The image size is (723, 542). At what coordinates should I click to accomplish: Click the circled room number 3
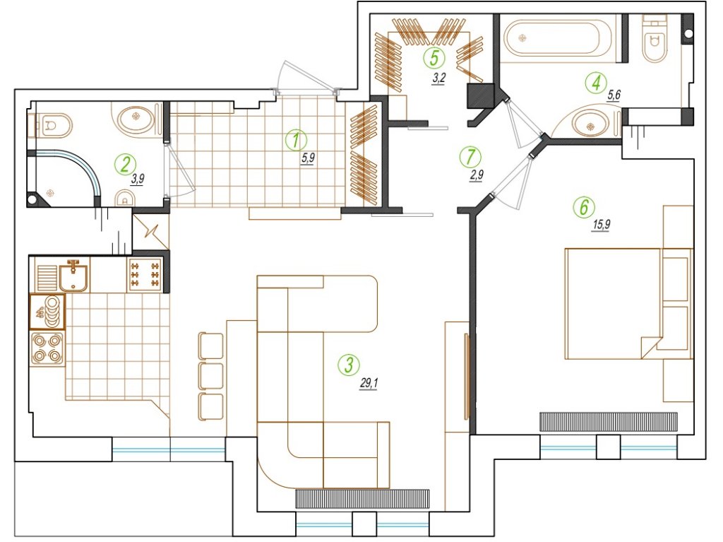pyautogui.click(x=349, y=364)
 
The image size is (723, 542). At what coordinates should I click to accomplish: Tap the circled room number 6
pyautogui.click(x=584, y=207)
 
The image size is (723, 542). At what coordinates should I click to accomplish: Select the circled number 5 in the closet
pyautogui.click(x=434, y=58)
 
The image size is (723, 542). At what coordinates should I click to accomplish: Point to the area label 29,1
pyautogui.click(x=369, y=383)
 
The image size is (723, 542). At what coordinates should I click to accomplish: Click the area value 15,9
pyautogui.click(x=602, y=225)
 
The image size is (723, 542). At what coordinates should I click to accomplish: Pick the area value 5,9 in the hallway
pyautogui.click(x=308, y=158)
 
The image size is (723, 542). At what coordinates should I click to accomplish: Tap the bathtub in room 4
pyautogui.click(x=558, y=38)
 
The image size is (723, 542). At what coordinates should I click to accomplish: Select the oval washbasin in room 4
pyautogui.click(x=591, y=124)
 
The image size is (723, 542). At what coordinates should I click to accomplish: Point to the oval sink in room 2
pyautogui.click(x=136, y=118)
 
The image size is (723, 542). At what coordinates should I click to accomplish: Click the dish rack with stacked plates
pyautogui.click(x=47, y=312)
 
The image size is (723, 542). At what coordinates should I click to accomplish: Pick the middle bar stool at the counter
pyautogui.click(x=210, y=375)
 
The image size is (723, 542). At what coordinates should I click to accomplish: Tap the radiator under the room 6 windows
pyautogui.click(x=609, y=422)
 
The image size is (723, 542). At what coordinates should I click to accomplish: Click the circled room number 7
pyautogui.click(x=470, y=157)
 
